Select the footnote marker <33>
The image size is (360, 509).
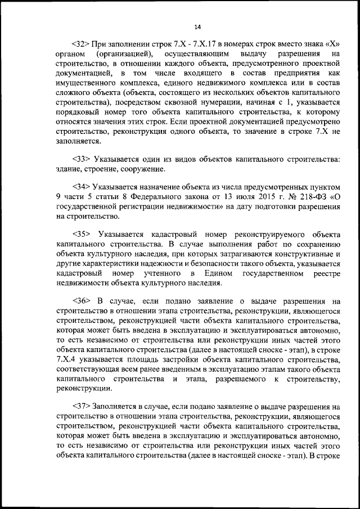(x=82, y=159)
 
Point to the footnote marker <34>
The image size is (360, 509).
(x=82, y=186)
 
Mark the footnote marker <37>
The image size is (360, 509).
(x=82, y=406)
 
